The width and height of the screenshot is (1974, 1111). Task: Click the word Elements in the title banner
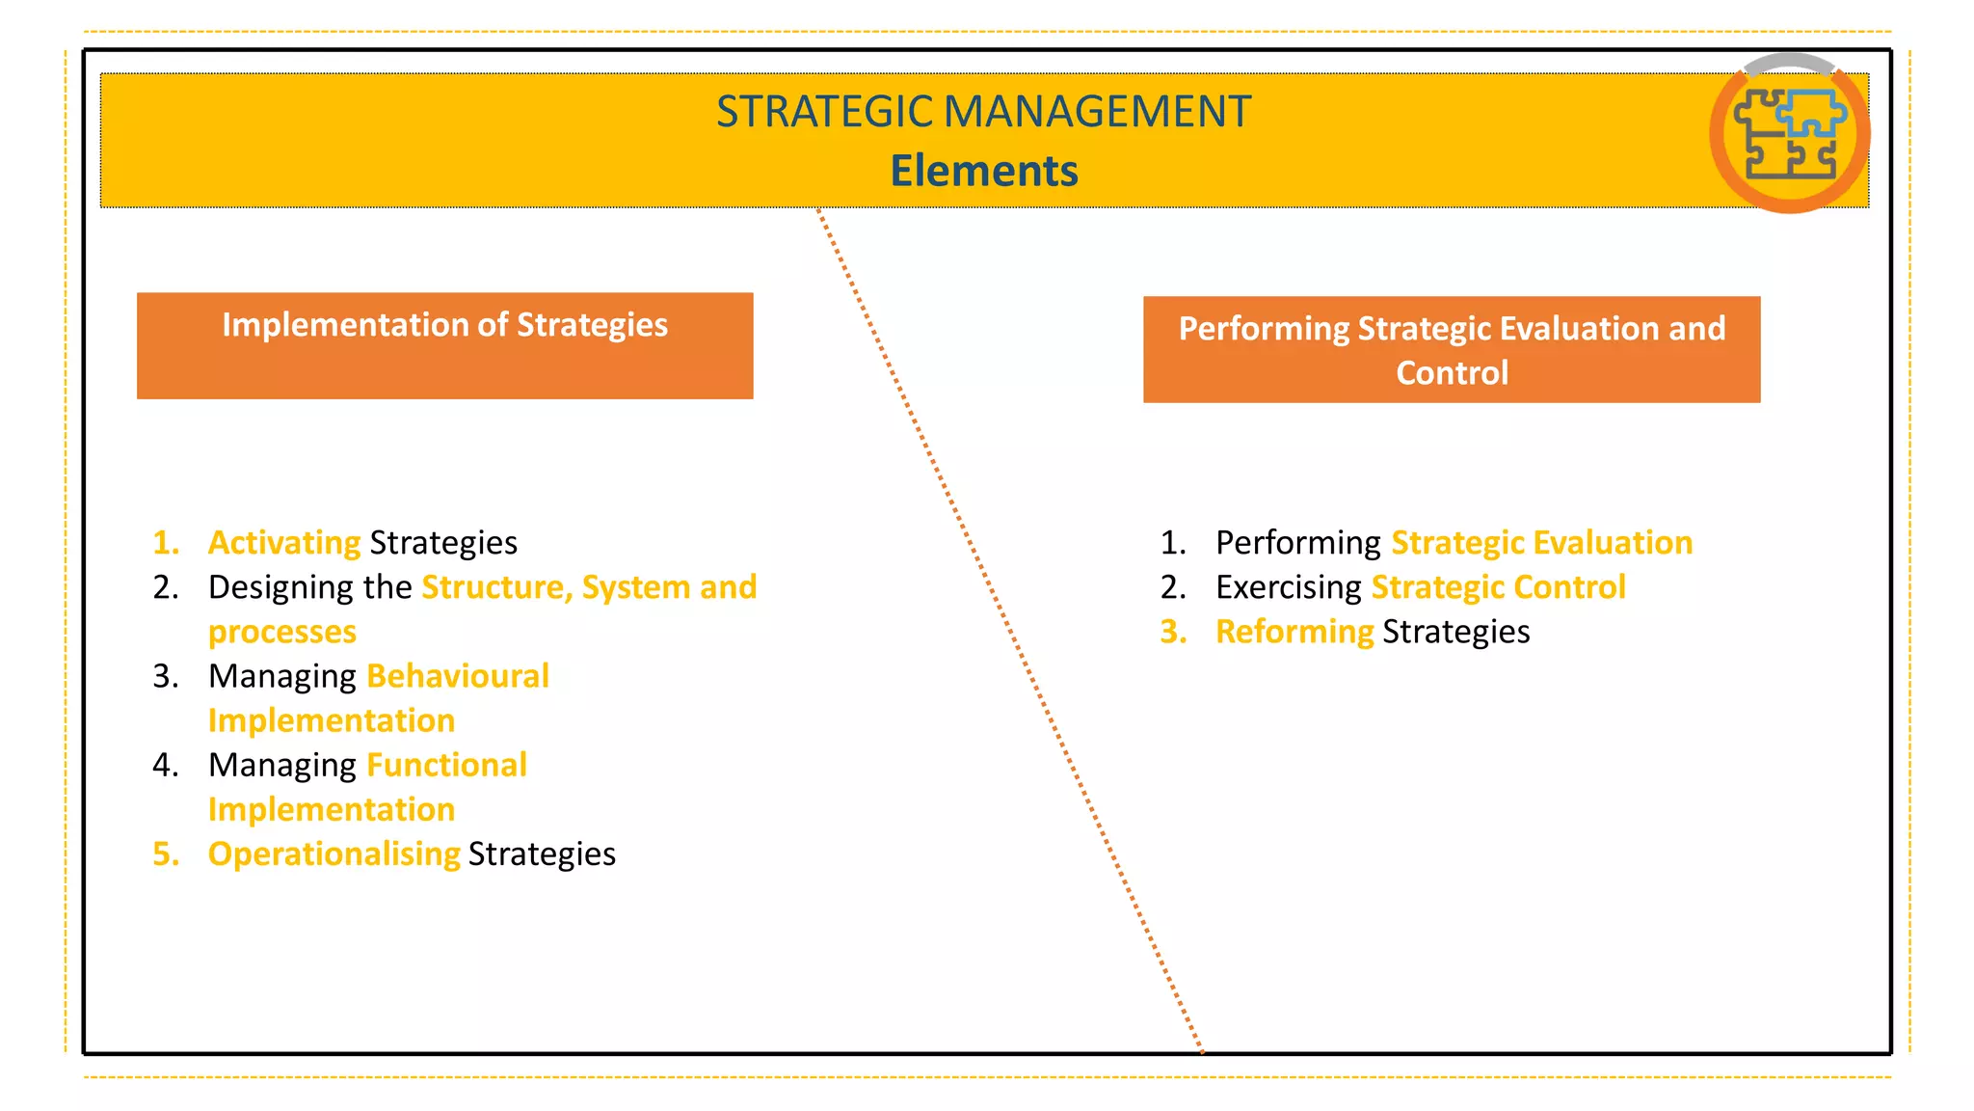(983, 171)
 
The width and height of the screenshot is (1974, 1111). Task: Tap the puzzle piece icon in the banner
(1790, 133)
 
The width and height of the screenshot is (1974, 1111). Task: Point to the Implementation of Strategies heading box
(444, 344)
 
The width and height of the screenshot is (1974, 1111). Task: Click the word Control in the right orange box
(1452, 373)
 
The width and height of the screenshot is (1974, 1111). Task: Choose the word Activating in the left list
(284, 543)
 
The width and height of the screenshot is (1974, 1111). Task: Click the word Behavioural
(458, 676)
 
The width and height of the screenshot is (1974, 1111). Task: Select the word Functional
(447, 765)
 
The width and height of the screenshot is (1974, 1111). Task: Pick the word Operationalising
(333, 854)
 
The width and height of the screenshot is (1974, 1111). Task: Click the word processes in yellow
(282, 632)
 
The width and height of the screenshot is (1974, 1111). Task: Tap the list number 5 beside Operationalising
(166, 854)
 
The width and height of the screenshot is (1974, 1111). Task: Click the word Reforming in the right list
(1294, 632)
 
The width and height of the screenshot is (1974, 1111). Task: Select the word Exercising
(1288, 587)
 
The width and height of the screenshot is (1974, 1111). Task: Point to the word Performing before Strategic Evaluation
(1297, 543)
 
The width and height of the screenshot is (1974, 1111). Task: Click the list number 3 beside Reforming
(1173, 632)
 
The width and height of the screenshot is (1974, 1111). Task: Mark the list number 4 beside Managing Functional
(166, 765)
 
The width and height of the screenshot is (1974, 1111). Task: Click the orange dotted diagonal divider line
(1009, 632)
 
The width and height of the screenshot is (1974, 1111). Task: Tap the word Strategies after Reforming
(1455, 632)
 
